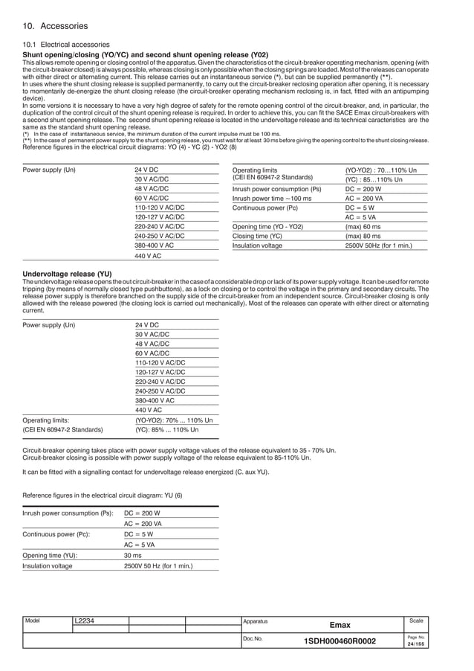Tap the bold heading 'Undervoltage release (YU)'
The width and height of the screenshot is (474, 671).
coord(68,274)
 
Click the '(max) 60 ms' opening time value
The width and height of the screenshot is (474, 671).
coord(363,226)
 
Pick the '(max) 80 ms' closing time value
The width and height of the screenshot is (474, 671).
coord(363,236)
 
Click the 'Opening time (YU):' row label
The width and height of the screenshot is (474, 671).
coord(51,555)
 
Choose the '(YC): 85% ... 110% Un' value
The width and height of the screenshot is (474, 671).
coord(167,429)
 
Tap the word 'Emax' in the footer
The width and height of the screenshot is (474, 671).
coord(340,626)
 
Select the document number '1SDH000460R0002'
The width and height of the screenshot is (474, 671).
coord(340,642)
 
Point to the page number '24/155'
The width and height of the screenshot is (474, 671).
coord(416,645)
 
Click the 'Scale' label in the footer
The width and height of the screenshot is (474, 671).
coord(417,620)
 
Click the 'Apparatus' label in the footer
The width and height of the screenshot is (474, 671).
coord(256,620)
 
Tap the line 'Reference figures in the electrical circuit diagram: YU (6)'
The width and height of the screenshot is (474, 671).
coord(103,495)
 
